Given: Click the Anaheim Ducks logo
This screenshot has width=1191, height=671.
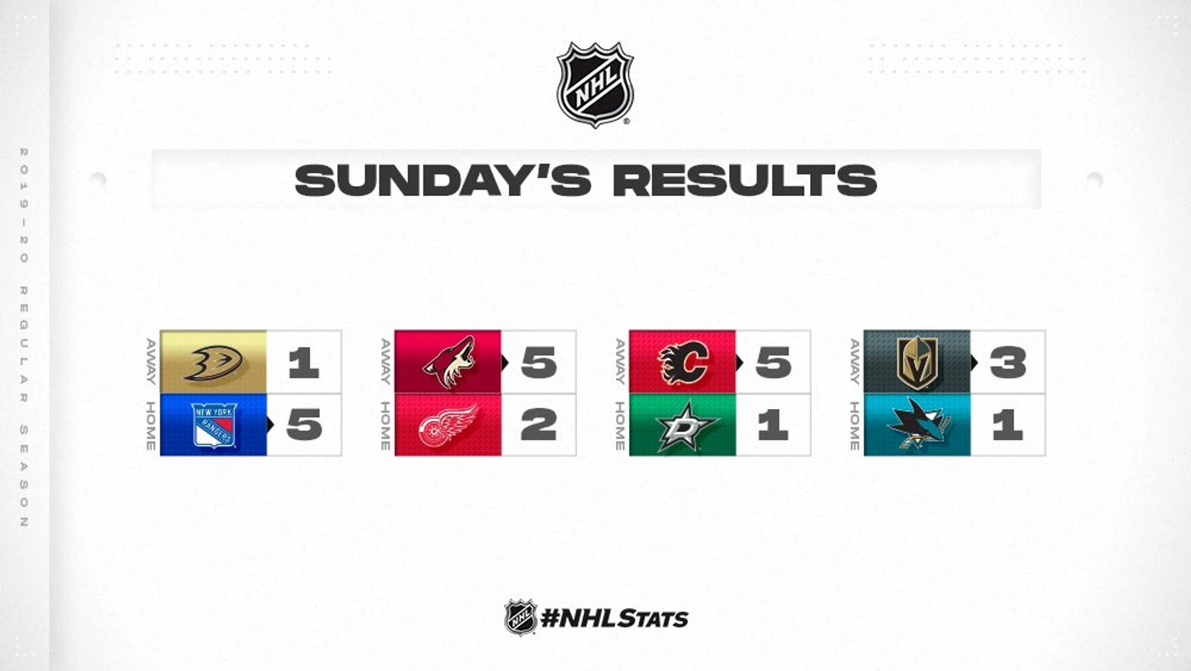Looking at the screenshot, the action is (214, 363).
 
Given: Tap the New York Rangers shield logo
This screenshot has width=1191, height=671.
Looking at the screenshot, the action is (214, 425).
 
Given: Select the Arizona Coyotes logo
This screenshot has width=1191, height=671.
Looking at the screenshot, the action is (449, 362).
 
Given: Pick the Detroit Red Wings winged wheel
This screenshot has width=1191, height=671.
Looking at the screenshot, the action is (448, 425).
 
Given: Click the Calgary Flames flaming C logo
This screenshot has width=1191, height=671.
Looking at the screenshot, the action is (684, 363).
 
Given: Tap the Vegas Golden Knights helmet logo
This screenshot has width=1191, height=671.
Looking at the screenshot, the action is (917, 362).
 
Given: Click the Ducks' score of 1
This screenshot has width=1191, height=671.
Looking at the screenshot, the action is (303, 362).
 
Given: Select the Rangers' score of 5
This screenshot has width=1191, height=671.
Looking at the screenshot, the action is (304, 424).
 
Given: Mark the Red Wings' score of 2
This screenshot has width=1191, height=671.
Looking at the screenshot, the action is (538, 424).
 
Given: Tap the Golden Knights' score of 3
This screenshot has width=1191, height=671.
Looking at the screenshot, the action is (1007, 362).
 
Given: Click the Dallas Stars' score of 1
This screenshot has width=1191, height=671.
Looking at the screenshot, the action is (773, 424).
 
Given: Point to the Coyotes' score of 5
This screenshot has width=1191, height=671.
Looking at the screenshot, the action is (538, 363).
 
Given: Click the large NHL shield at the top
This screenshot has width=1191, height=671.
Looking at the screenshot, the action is (595, 84).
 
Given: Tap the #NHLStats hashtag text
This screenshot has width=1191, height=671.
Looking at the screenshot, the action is (614, 619).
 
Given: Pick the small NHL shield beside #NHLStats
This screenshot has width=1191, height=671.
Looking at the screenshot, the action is (520, 617).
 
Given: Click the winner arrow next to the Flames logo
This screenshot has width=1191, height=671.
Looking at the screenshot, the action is (740, 363).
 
